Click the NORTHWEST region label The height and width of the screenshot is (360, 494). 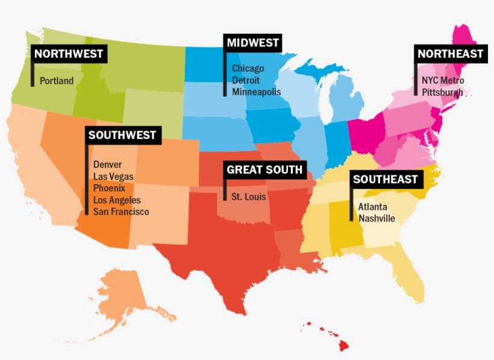pos(69,54)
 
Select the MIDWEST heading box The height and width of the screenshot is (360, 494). pos(253,43)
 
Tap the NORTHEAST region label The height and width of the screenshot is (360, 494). pos(450,54)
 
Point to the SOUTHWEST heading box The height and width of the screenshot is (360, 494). pos(122,135)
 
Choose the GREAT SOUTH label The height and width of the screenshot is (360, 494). pos(264,170)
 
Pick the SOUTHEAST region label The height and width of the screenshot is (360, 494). pos(385,179)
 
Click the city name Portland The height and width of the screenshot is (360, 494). pos(57,81)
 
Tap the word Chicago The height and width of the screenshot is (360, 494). pos(248,69)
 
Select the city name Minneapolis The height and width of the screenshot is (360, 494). pos(257,92)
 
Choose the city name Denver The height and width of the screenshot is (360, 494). pos(108,164)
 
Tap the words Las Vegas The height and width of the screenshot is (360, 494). pos(113,176)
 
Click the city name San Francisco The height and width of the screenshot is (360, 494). pos(121,212)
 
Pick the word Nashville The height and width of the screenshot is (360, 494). pos(377,219)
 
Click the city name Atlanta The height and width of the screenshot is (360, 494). pos(373,206)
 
